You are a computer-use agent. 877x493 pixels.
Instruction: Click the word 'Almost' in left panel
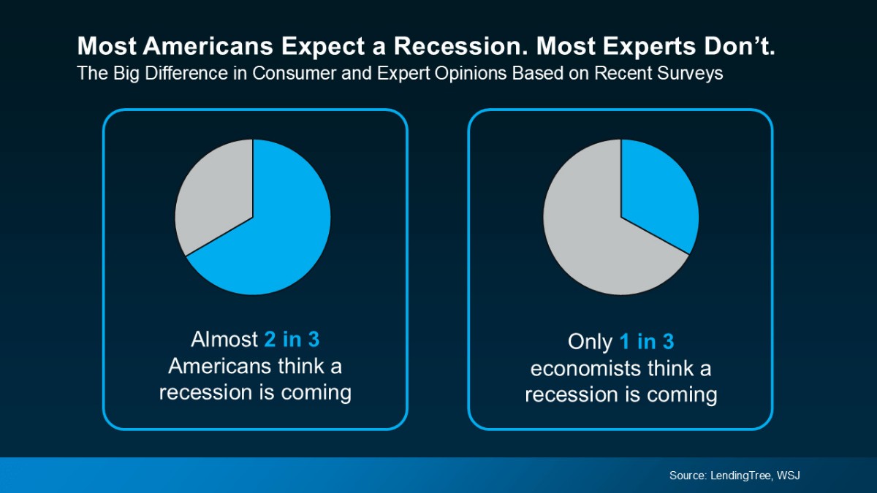tap(224, 340)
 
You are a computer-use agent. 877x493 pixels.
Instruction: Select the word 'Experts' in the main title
tap(633, 47)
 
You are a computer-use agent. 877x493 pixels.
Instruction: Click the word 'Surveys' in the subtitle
tap(691, 74)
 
